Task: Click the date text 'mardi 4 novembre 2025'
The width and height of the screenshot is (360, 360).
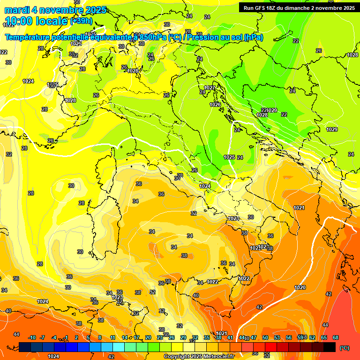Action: (x=55, y=10)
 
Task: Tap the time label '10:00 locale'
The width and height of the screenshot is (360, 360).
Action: (x=37, y=21)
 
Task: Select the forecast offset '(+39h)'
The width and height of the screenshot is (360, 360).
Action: (x=81, y=21)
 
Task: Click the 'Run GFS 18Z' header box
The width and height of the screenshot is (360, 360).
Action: (x=299, y=7)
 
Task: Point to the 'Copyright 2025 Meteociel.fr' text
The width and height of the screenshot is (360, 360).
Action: (x=199, y=356)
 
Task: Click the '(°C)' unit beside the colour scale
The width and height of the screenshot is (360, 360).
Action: (x=344, y=347)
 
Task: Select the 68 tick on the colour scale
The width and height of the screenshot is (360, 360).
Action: (x=336, y=337)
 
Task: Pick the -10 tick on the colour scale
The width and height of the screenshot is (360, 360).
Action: (x=32, y=337)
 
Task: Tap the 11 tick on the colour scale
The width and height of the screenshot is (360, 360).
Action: (x=112, y=337)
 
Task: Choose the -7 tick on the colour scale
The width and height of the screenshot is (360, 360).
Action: (x=42, y=337)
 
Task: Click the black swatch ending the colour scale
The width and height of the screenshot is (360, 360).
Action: (x=330, y=347)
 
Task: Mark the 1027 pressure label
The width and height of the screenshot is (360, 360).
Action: (x=210, y=88)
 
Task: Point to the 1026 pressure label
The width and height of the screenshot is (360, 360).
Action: (x=215, y=105)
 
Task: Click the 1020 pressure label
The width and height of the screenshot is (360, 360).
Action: (x=300, y=287)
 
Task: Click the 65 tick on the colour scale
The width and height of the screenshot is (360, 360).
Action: (x=324, y=337)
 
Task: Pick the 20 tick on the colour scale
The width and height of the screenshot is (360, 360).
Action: (x=148, y=337)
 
